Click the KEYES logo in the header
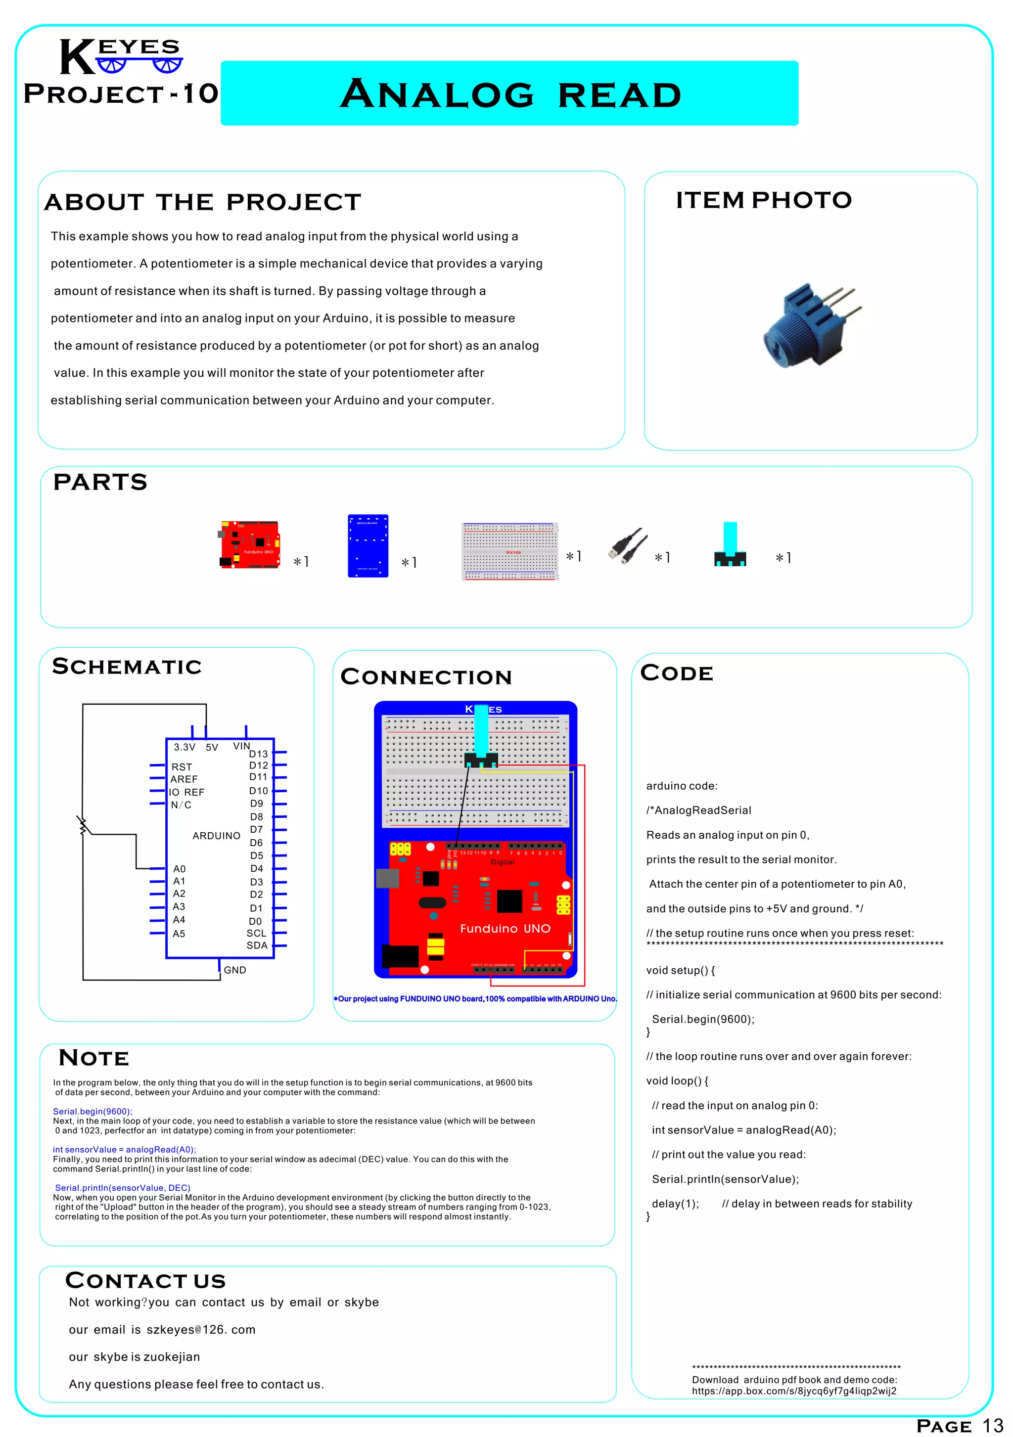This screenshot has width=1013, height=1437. [120, 57]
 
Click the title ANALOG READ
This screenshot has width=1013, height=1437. [510, 94]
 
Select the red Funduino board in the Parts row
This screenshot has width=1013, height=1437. [250, 544]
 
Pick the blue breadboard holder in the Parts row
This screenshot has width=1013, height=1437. [368, 546]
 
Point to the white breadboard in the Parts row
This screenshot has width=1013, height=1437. [509, 551]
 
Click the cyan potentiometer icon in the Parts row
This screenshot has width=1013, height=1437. [730, 544]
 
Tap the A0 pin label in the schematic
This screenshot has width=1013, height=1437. [179, 869]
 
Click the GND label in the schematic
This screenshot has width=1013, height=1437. [235, 970]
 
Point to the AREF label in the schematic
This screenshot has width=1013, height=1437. [184, 779]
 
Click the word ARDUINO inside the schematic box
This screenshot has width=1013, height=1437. [216, 836]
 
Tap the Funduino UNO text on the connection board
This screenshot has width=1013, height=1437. [505, 929]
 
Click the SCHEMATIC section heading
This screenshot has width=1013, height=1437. [127, 667]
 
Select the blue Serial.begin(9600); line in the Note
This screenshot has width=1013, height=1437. [92, 1112]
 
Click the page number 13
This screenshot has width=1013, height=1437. [992, 1426]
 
